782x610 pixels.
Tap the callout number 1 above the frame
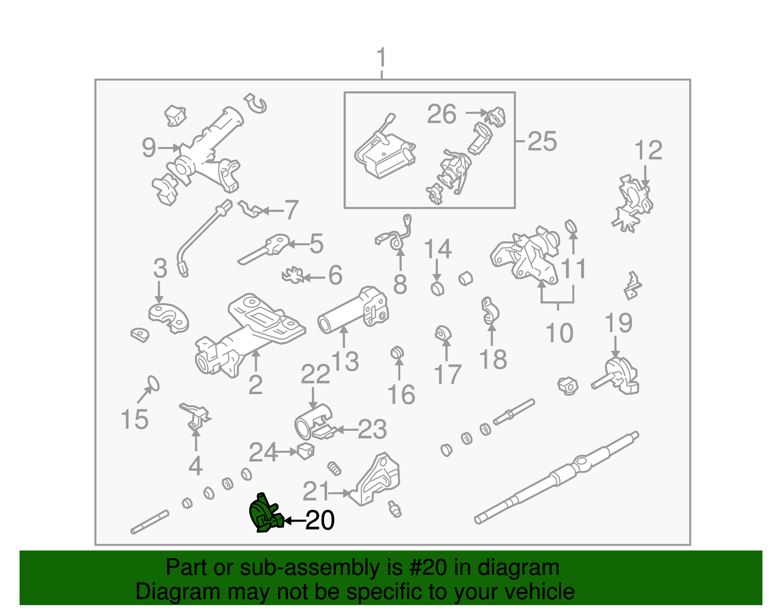click(381, 57)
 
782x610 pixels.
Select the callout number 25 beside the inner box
click(542, 141)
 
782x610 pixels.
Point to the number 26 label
click(442, 114)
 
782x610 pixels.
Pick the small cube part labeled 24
click(306, 451)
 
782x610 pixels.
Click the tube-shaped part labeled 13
click(353, 310)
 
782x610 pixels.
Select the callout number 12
click(648, 150)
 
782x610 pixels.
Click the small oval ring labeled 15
click(153, 383)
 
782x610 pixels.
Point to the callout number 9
click(149, 147)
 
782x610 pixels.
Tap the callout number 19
click(618, 323)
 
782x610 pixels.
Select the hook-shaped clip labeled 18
click(490, 311)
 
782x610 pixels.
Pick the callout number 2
click(256, 385)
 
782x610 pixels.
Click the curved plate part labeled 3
click(169, 318)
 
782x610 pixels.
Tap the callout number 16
click(401, 394)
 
